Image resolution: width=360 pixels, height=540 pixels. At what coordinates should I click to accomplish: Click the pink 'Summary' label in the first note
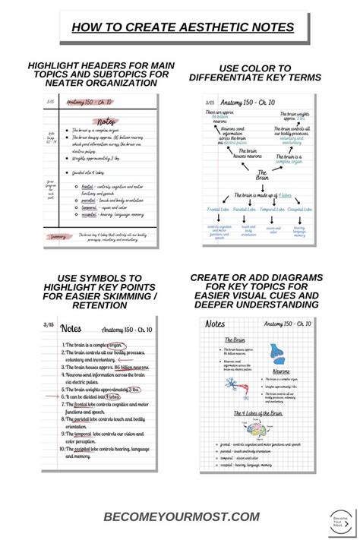57,236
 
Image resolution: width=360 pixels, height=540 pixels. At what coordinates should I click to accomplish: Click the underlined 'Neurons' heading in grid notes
279,371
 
